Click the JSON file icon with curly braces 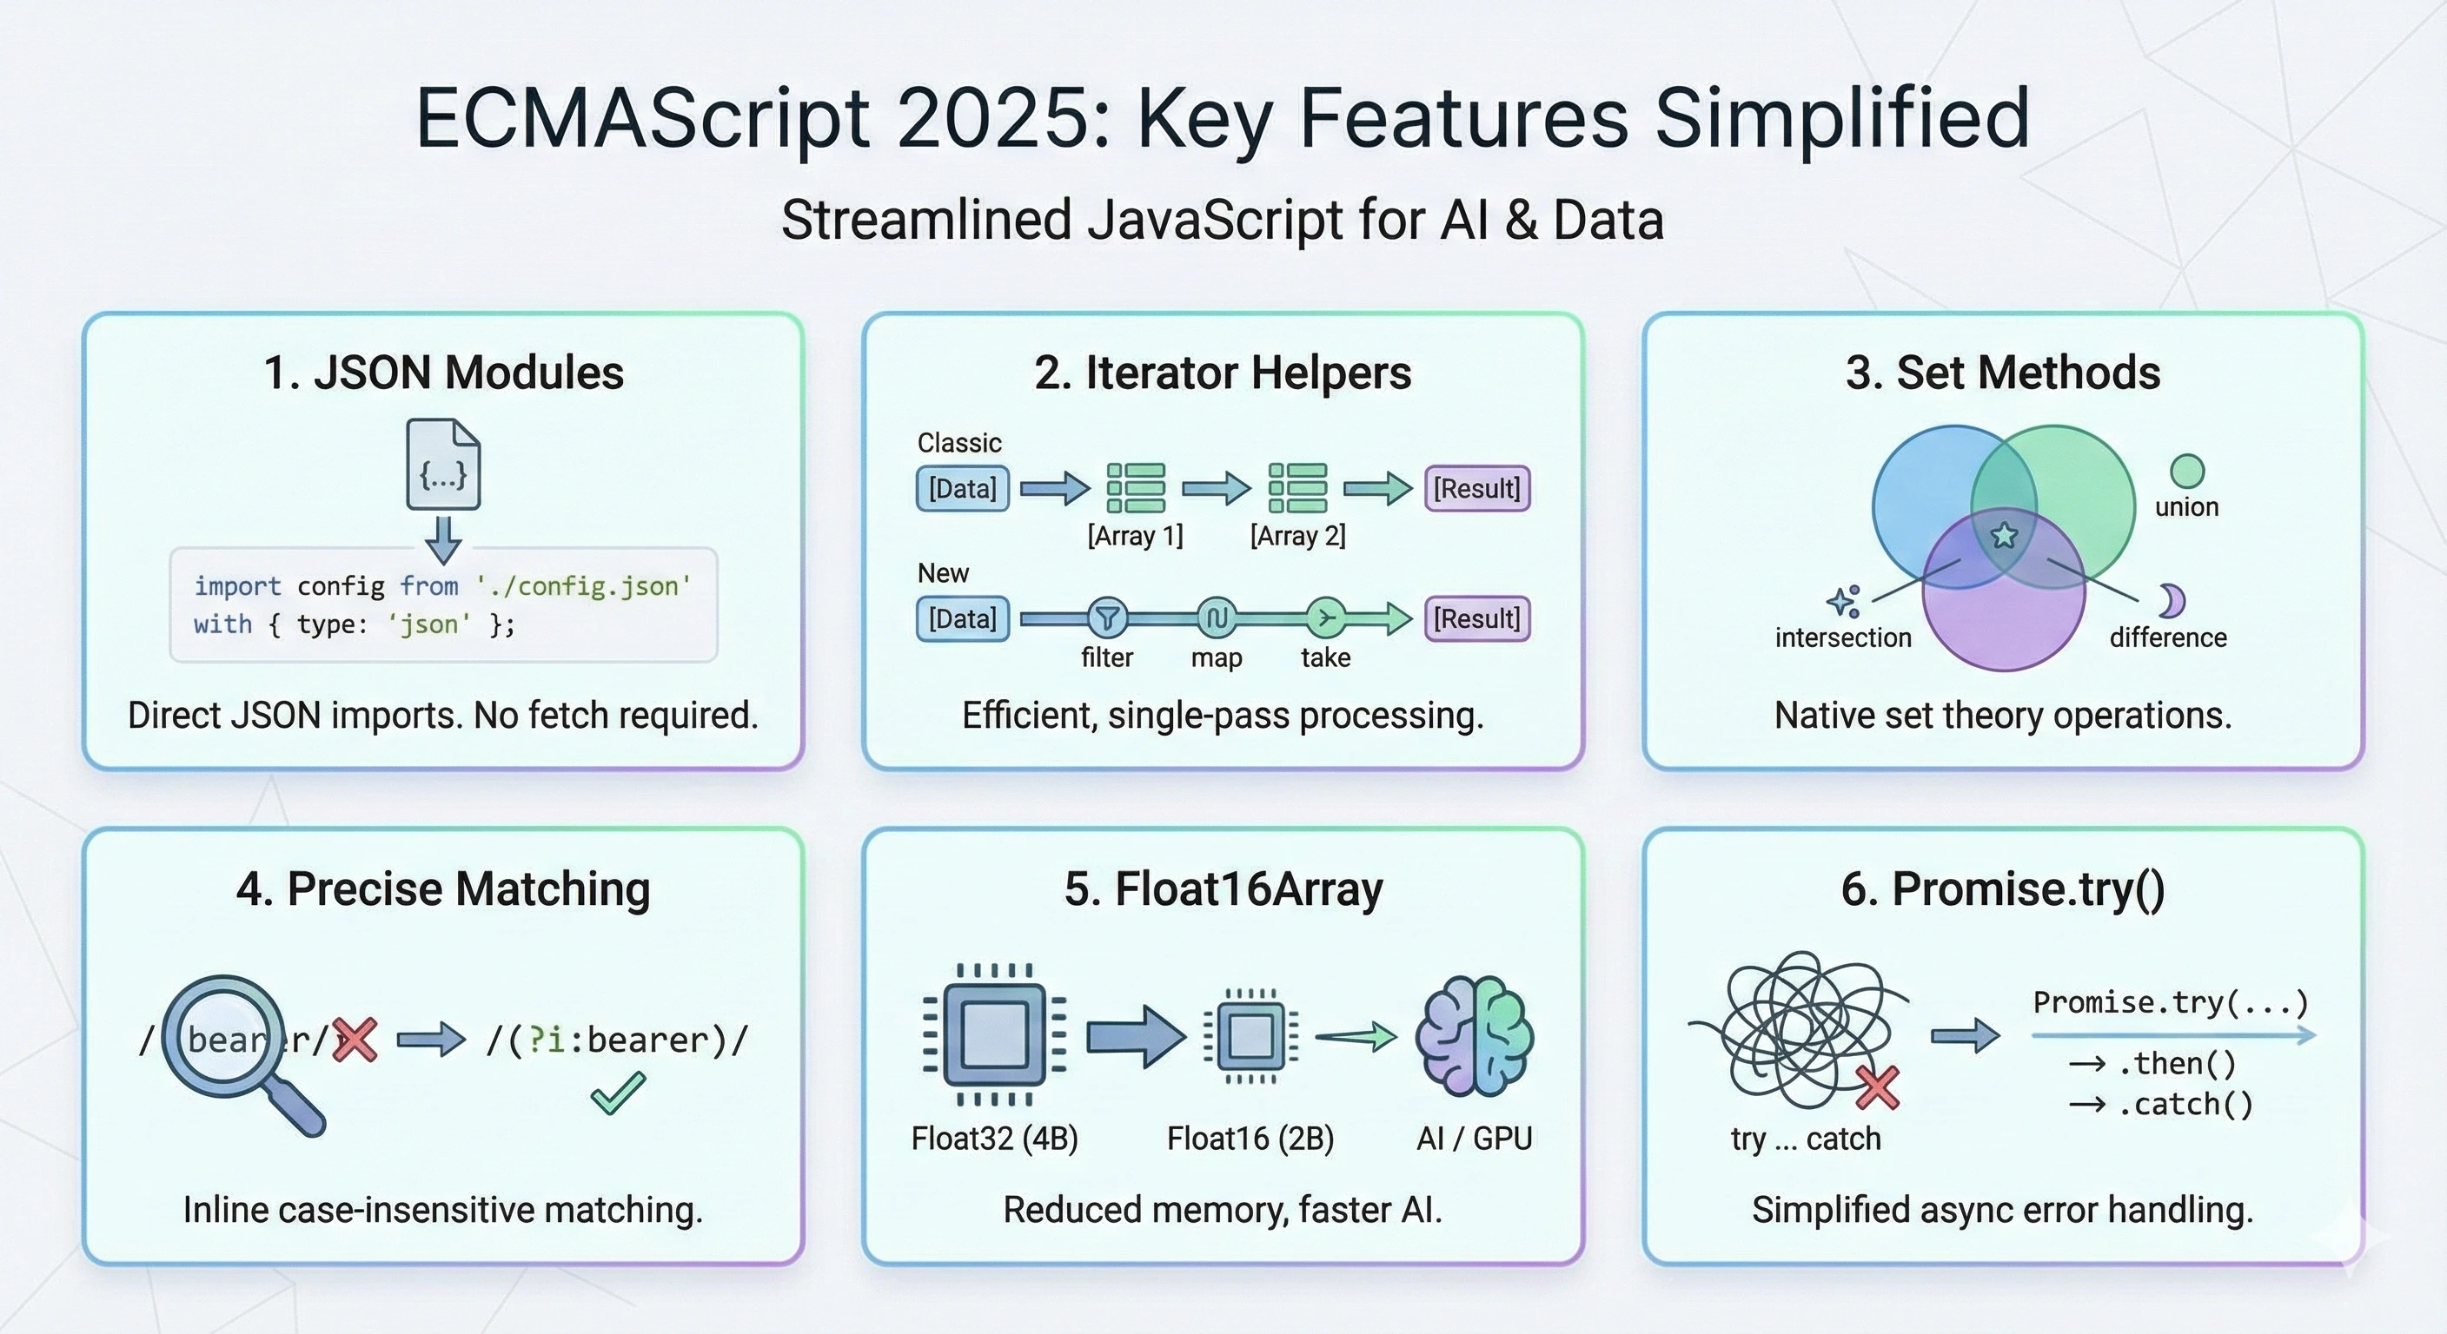[x=444, y=465]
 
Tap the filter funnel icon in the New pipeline [x=1107, y=619]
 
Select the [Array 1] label [x=1135, y=537]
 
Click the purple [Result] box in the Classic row [x=1477, y=489]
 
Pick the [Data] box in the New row [x=962, y=619]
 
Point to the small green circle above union [x=2186, y=471]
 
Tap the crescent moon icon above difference [x=2172, y=600]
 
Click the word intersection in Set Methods [x=1843, y=638]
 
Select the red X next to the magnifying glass [x=355, y=1040]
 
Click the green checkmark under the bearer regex [x=618, y=1093]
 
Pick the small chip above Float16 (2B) [x=1250, y=1036]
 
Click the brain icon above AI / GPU [x=1475, y=1037]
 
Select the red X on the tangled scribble [x=1878, y=1088]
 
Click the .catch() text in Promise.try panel [x=2185, y=1104]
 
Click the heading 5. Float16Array [x=1223, y=889]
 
